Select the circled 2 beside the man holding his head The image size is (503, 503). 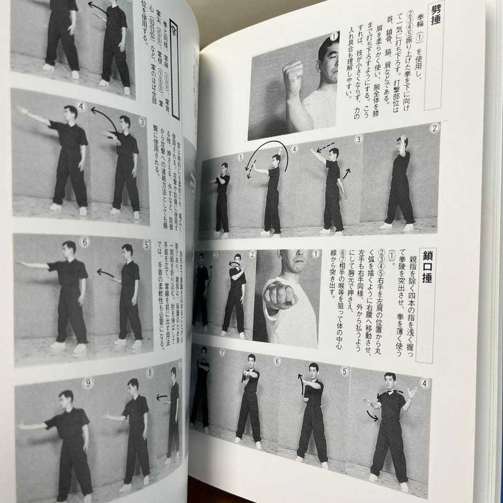(x=434, y=129)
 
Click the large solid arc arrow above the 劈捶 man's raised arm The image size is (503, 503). (x=272, y=158)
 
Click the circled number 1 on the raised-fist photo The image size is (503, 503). (x=333, y=35)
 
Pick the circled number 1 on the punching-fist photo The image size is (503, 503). (x=316, y=254)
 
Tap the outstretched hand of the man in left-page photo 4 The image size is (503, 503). (x=20, y=110)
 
